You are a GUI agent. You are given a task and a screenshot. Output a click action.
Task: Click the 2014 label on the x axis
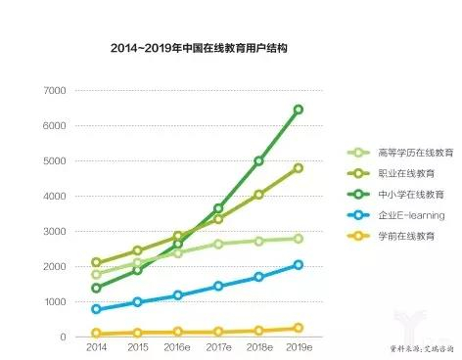tap(96, 347)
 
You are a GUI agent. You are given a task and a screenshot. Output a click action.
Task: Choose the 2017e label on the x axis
tap(218, 347)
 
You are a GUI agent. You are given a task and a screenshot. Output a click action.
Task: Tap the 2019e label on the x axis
tap(298, 347)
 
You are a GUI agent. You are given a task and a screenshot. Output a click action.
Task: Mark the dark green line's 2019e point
tap(299, 110)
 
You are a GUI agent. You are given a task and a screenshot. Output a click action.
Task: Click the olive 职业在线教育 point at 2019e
tap(299, 168)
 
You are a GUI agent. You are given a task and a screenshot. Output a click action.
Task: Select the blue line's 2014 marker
tap(96, 309)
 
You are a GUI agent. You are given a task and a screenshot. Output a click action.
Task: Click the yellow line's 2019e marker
tap(299, 329)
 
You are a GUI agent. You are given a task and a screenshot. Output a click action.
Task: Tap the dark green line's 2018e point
tap(259, 161)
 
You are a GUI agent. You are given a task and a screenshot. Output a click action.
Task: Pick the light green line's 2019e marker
tap(299, 239)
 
